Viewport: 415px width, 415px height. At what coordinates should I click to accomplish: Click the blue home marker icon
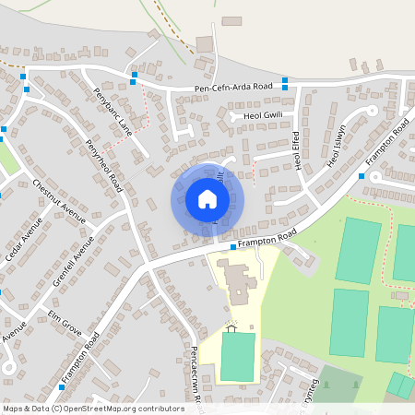coord(207,199)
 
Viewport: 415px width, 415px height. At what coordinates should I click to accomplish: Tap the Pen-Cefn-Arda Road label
coord(233,88)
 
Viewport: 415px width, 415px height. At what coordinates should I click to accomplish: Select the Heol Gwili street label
coord(262,115)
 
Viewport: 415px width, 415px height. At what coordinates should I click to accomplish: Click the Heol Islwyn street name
coord(335,146)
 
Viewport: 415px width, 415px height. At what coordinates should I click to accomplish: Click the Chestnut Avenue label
coord(58,200)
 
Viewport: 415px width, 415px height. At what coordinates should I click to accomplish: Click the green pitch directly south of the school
coord(237,358)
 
